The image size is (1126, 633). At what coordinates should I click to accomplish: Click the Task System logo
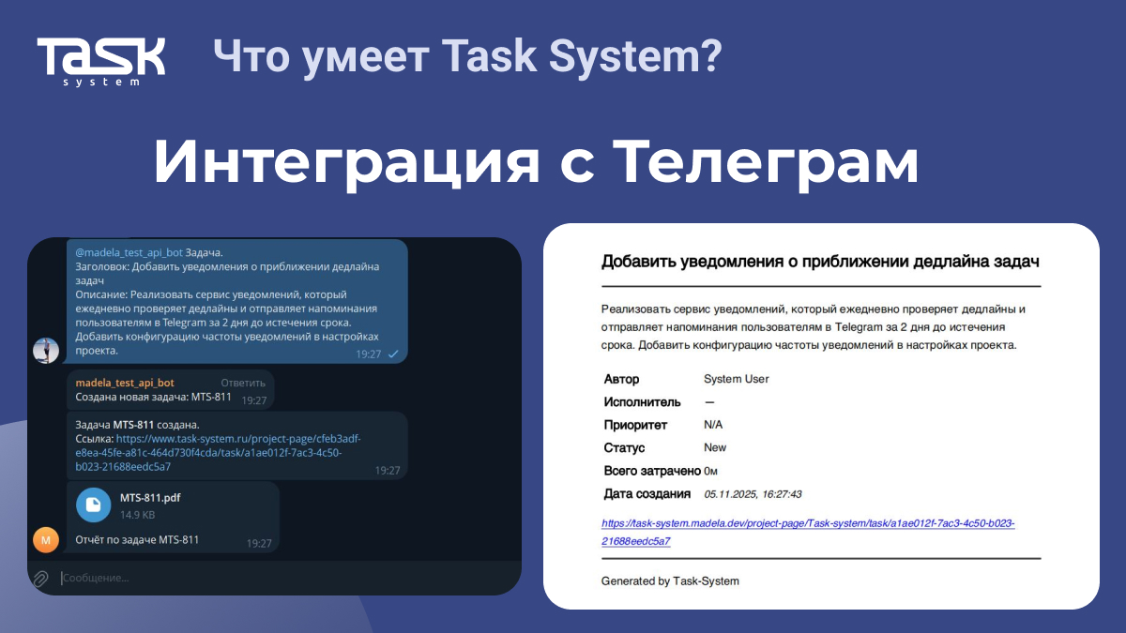pos(101,61)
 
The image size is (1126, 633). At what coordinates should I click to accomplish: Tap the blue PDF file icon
pos(94,505)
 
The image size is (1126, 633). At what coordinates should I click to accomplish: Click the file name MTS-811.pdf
pos(150,497)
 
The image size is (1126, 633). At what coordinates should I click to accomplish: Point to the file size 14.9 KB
pos(137,515)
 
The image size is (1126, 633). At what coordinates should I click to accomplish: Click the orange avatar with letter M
pos(46,539)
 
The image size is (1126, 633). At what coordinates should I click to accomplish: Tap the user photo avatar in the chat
pos(46,350)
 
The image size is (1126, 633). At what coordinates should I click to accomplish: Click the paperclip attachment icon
pos(40,579)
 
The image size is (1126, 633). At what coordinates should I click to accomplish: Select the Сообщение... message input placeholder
pos(96,578)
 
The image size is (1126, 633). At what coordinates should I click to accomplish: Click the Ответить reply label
pos(243,383)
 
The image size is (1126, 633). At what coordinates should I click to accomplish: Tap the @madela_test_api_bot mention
pos(129,252)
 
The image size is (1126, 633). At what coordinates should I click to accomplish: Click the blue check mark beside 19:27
pos(393,354)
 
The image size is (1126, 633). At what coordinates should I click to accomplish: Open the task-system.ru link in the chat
pos(218,453)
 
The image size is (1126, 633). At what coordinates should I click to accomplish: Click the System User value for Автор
pos(736,379)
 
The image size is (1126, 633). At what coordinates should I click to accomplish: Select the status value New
pos(715,447)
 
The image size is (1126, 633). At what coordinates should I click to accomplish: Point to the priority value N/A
pos(713,425)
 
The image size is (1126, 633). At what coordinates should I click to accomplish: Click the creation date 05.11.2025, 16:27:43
pos(753,494)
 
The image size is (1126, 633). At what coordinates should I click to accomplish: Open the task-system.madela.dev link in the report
pos(808,532)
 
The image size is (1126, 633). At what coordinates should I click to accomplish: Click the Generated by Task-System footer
pos(670,581)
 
